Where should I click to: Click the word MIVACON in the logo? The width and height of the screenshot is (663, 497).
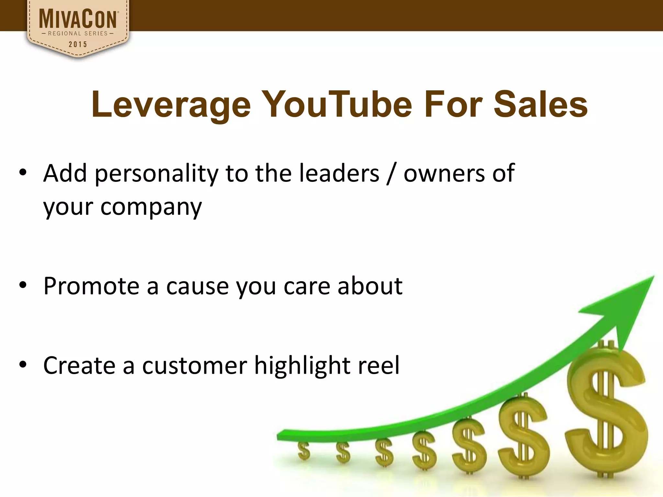coord(78,19)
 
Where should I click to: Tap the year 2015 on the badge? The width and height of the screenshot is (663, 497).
coord(78,44)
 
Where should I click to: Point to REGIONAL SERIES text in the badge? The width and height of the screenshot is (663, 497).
coord(78,33)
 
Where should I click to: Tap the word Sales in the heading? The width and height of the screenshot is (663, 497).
coord(540,104)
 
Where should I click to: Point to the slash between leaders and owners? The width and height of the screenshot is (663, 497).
coord(391,174)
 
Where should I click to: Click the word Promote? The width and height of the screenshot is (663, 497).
coord(91,286)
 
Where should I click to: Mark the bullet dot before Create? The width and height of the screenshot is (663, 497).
coord(23,365)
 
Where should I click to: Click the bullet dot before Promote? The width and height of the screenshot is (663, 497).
coord(23,285)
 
